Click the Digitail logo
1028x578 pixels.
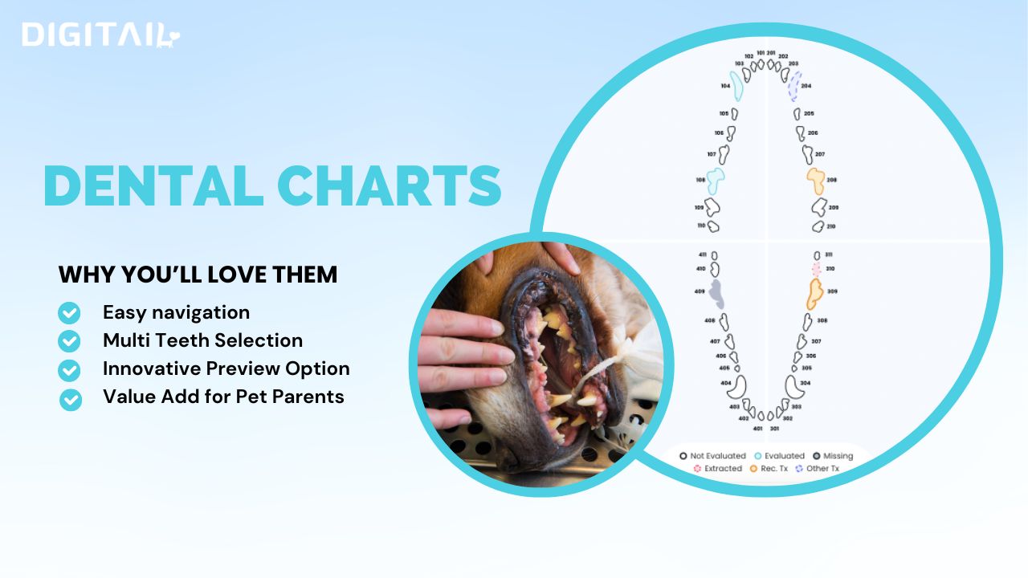point(101,35)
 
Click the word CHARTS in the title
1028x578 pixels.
point(390,185)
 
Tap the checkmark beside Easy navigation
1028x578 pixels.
point(70,312)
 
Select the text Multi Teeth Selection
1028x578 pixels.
point(202,340)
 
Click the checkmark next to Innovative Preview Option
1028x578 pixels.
point(70,369)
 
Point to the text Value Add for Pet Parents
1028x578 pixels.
point(223,396)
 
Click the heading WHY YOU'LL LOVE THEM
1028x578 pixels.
point(198,275)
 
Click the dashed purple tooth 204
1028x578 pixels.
point(794,85)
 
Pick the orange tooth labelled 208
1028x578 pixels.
point(816,181)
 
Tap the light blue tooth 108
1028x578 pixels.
point(715,181)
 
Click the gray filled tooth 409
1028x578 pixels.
point(716,295)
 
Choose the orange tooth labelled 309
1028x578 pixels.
point(814,293)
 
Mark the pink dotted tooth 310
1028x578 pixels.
point(818,269)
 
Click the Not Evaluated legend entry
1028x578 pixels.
point(713,456)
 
